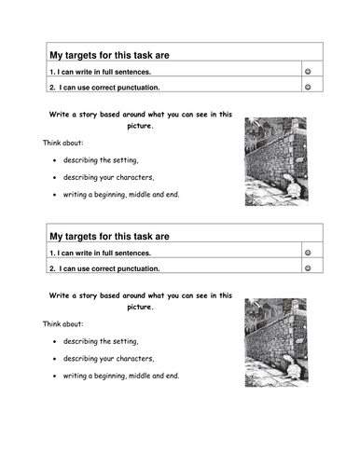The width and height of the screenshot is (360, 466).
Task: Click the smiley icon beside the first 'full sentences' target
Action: [308, 71]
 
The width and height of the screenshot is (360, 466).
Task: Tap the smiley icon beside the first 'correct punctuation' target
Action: [308, 87]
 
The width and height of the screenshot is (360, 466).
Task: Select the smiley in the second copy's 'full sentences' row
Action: [308, 253]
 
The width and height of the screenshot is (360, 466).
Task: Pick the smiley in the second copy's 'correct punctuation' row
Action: [308, 268]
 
